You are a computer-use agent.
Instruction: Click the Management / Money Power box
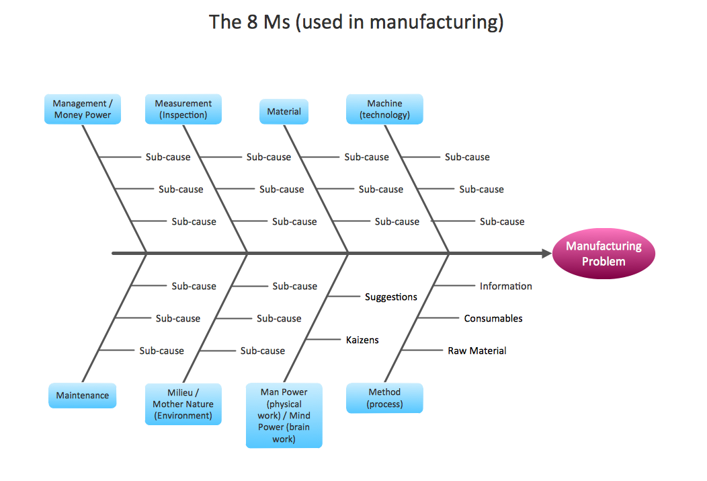point(82,110)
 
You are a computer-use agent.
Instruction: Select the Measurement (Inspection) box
point(183,110)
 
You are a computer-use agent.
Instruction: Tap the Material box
point(284,112)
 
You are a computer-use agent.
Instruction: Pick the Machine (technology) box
point(384,110)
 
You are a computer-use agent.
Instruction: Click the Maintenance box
point(82,396)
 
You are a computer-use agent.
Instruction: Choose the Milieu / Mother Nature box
point(183,404)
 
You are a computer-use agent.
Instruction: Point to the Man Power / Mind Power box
point(284,415)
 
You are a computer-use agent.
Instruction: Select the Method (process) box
point(384,398)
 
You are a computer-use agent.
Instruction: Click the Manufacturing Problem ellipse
point(603,254)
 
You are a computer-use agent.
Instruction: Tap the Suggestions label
point(390,297)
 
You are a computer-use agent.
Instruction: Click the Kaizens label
point(362,340)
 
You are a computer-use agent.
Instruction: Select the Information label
point(505,286)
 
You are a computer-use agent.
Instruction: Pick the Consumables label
point(493,318)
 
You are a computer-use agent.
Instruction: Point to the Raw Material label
point(477,350)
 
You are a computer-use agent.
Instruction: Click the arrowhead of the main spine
point(546,254)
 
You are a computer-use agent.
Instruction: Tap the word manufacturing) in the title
point(437,22)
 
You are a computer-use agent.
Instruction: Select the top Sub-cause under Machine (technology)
point(467,157)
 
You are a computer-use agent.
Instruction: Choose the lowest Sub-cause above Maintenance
point(161,350)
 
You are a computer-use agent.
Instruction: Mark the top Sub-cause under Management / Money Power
point(168,157)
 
